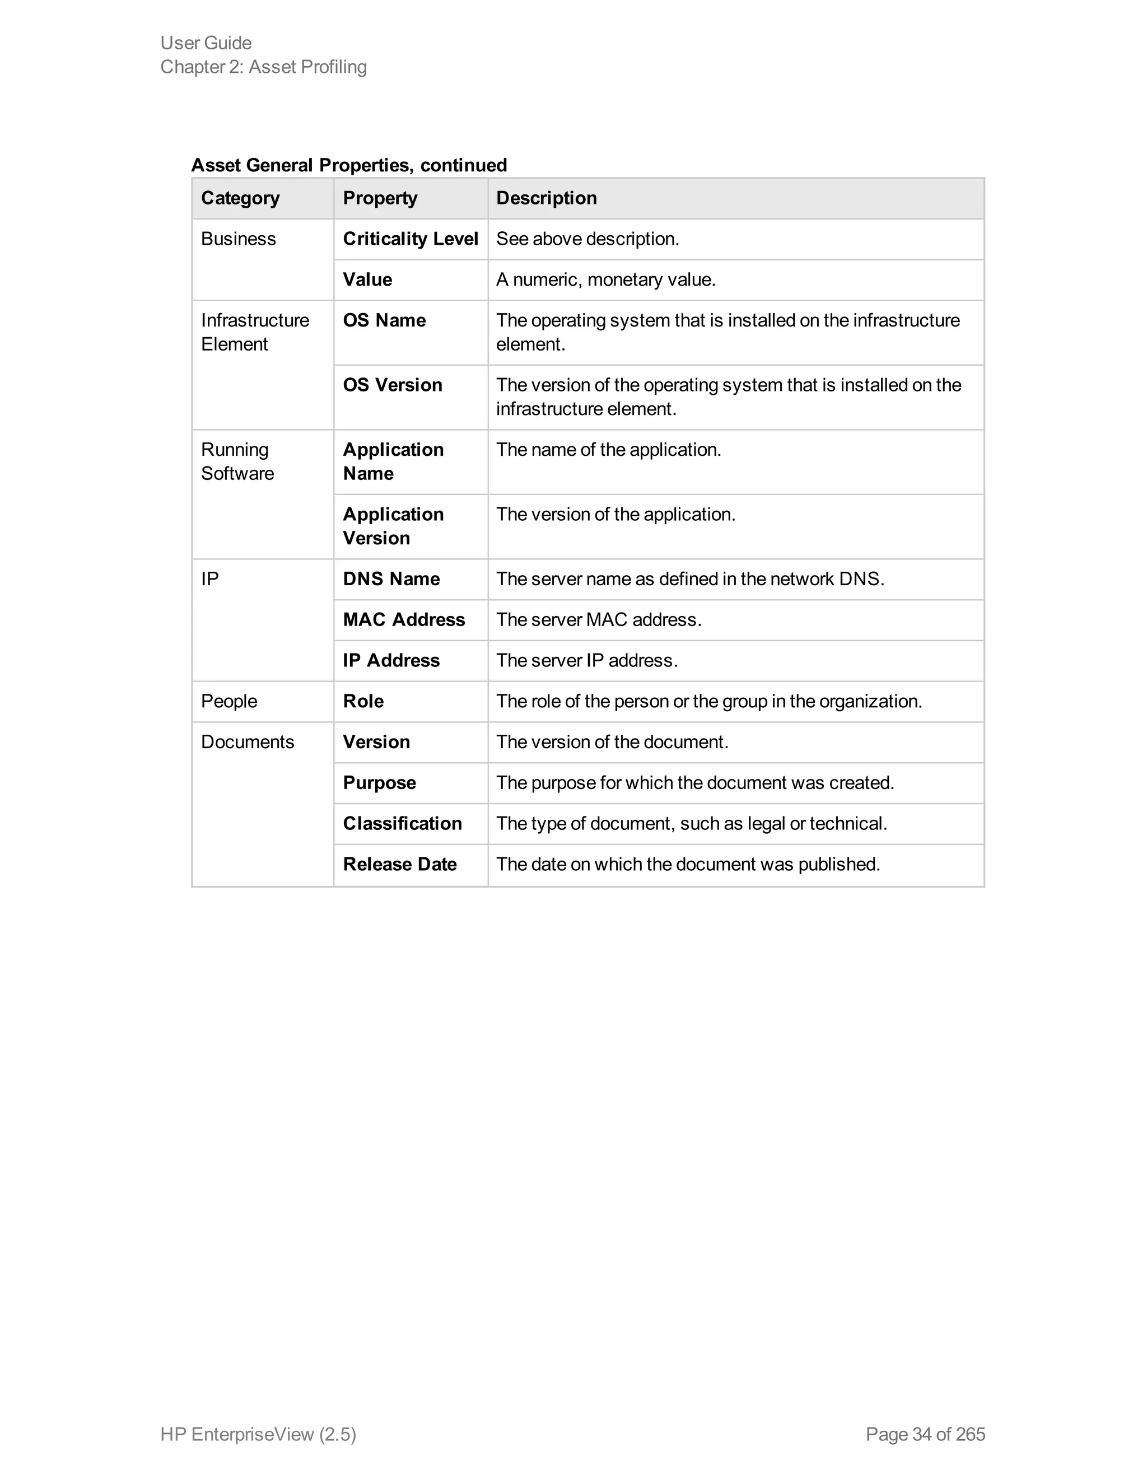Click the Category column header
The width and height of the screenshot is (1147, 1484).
click(x=240, y=198)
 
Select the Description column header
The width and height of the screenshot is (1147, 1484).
click(x=546, y=198)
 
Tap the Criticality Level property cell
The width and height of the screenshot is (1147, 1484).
click(x=411, y=239)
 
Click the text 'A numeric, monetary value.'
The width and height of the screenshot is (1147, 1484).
click(x=605, y=279)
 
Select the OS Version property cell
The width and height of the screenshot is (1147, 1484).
click(x=392, y=385)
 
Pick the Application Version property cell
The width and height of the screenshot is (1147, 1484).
click(x=393, y=526)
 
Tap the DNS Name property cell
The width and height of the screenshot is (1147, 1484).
click(x=391, y=579)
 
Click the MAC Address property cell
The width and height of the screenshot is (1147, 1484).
click(x=404, y=620)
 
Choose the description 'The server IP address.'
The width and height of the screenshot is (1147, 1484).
click(x=586, y=660)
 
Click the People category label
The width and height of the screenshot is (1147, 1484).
click(x=229, y=701)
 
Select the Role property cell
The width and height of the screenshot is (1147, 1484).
click(x=363, y=701)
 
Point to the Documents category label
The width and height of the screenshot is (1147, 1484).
click(x=248, y=742)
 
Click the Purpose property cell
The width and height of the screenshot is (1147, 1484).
click(x=379, y=783)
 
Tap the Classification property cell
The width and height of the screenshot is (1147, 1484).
click(x=402, y=824)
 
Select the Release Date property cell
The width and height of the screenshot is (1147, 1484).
click(x=399, y=864)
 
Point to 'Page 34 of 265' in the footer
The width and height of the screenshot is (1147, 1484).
click(x=925, y=1434)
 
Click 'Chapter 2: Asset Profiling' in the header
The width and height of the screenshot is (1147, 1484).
click(x=263, y=67)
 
